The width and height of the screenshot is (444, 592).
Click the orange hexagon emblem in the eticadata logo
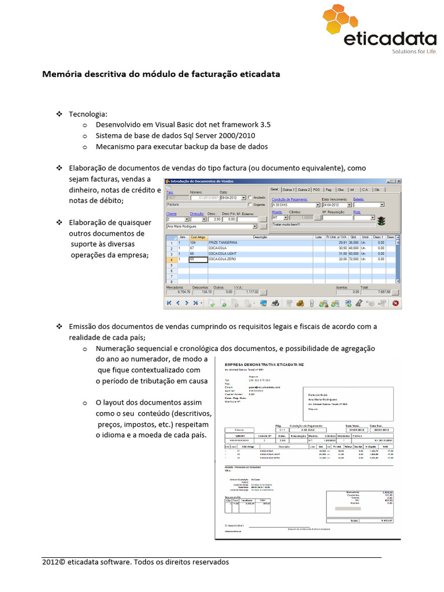click(339, 24)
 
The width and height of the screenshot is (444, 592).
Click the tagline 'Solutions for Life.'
click(414, 51)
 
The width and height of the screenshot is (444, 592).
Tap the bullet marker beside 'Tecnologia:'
click(59, 114)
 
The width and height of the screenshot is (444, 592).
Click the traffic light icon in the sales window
click(380, 220)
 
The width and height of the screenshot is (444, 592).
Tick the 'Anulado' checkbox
click(250, 197)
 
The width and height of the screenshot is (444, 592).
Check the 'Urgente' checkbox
click(250, 205)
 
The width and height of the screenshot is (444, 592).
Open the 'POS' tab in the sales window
click(316, 189)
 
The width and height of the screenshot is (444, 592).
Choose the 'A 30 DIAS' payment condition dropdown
click(295, 205)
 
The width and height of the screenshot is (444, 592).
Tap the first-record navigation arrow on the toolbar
click(169, 302)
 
